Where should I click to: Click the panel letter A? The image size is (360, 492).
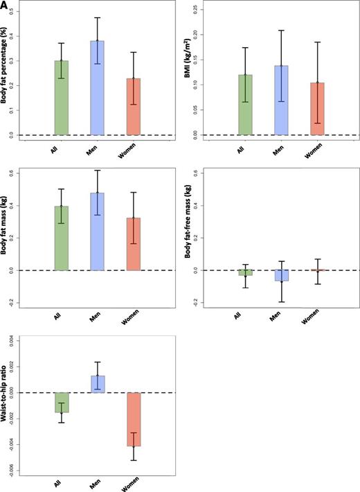pyautogui.click(x=6, y=6)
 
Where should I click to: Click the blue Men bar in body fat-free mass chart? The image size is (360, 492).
pyautogui.click(x=282, y=275)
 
